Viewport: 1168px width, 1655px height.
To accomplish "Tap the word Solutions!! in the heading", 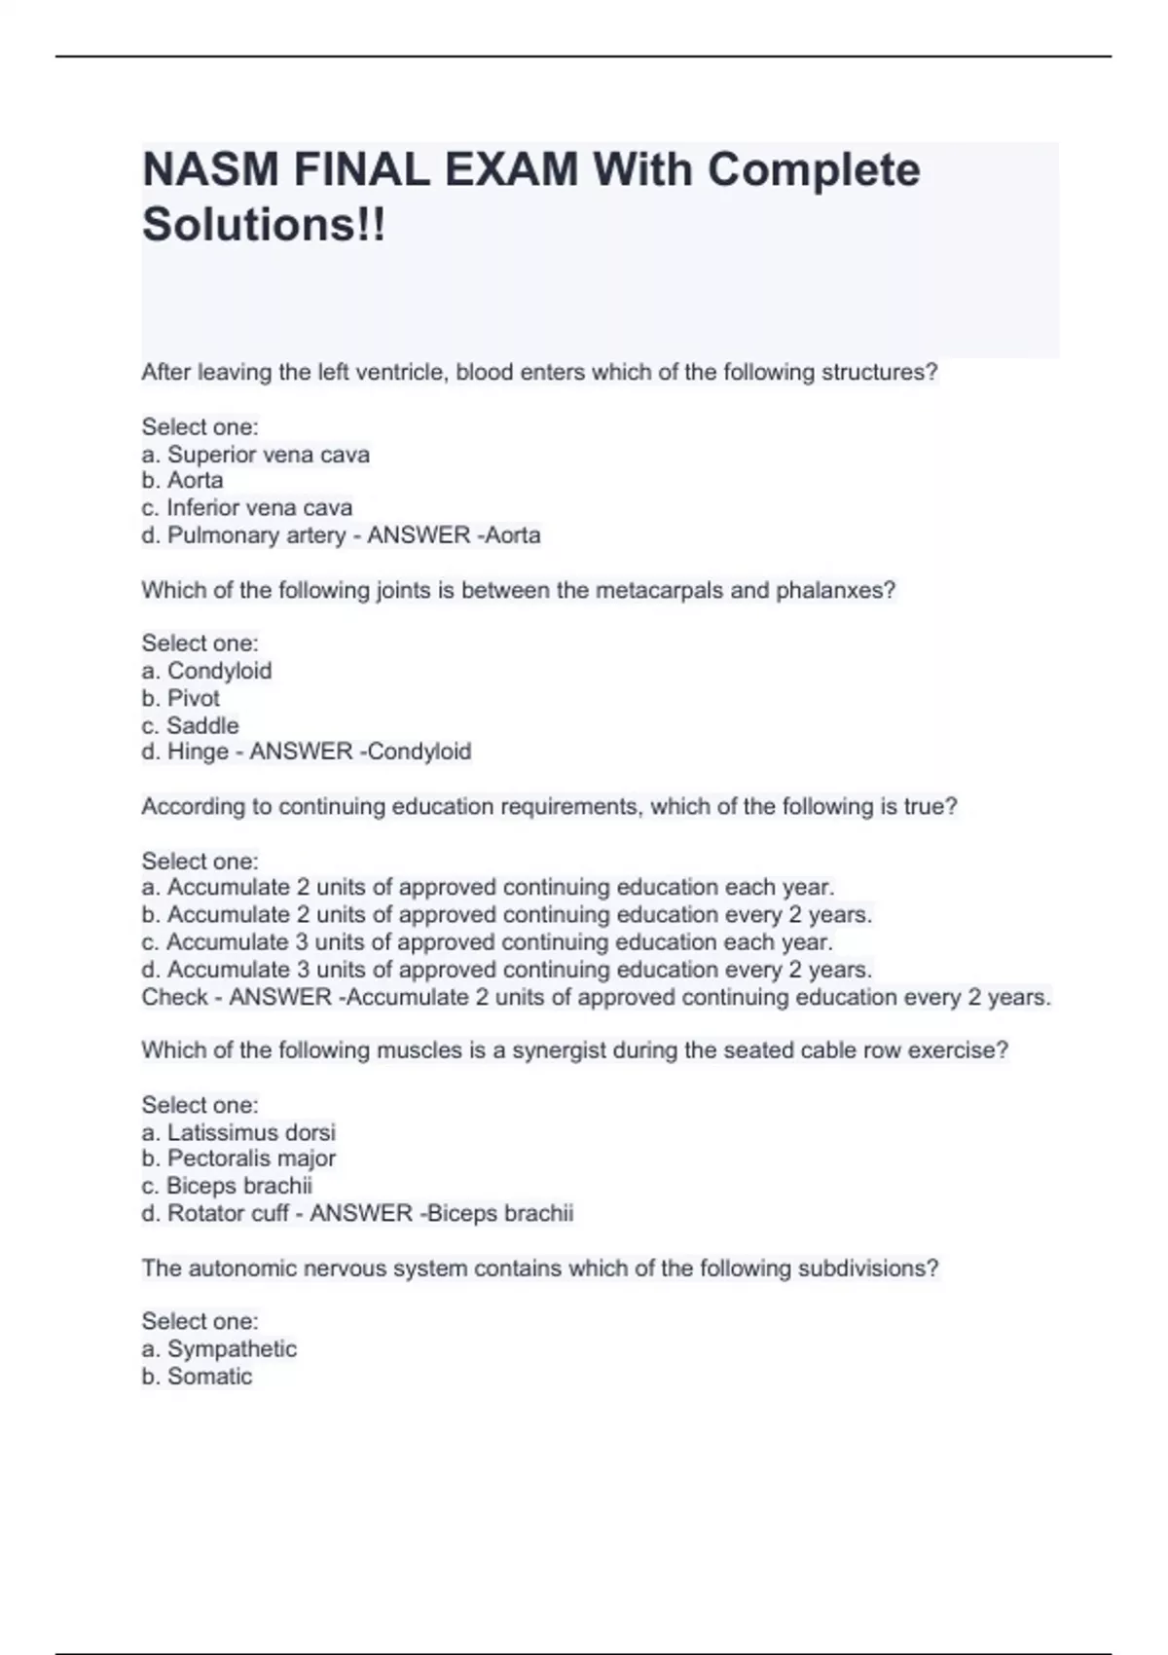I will [x=264, y=225].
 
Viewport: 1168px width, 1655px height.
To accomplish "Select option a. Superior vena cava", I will [x=256, y=455].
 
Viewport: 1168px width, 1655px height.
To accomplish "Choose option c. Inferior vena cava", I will [x=247, y=507].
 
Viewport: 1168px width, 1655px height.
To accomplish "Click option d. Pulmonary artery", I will [x=243, y=534].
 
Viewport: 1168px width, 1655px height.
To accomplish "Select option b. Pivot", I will [x=181, y=698].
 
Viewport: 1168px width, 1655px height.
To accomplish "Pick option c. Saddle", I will [x=190, y=725].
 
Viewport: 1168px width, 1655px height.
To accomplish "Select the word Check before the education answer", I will [x=174, y=997].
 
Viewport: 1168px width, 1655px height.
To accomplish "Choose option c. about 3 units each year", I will [x=487, y=942].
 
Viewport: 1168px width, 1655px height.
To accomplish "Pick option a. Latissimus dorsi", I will [x=238, y=1132].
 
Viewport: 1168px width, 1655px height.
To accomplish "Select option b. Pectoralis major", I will [x=238, y=1158].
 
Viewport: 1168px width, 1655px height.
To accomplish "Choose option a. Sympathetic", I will [x=219, y=1348].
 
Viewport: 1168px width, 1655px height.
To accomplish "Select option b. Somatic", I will [x=197, y=1377].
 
